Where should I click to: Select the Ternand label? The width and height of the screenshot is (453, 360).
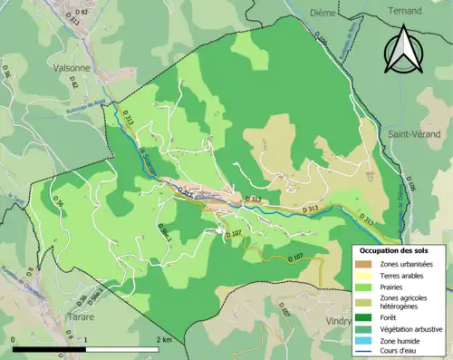click(x=403, y=11)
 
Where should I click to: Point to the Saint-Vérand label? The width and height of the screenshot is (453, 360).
click(x=414, y=133)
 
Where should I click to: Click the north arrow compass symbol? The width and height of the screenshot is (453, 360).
click(x=403, y=49)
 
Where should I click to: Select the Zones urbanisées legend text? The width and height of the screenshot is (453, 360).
click(x=408, y=264)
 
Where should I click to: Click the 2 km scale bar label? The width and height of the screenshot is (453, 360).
click(x=164, y=339)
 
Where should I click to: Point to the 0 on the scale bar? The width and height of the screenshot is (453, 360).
click(x=14, y=339)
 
